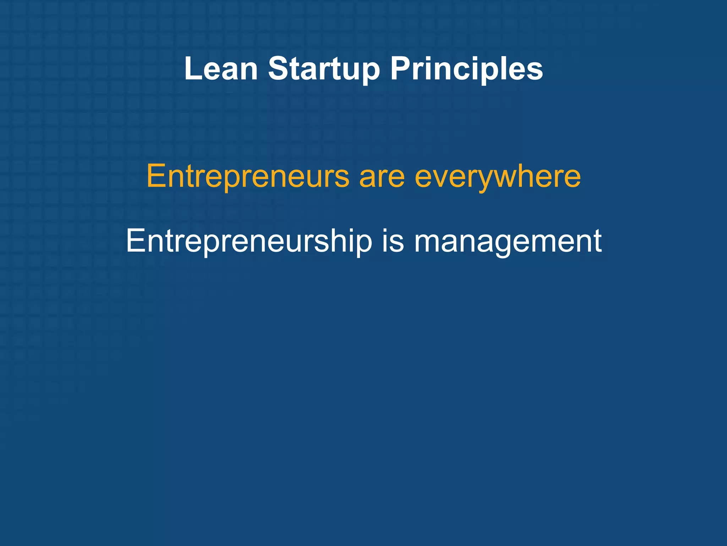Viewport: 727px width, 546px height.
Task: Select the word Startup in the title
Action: pos(324,69)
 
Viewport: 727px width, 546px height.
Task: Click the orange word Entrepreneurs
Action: pos(248,177)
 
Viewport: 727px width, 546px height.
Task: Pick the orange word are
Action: pos(382,177)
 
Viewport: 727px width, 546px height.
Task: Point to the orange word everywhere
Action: pos(498,177)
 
